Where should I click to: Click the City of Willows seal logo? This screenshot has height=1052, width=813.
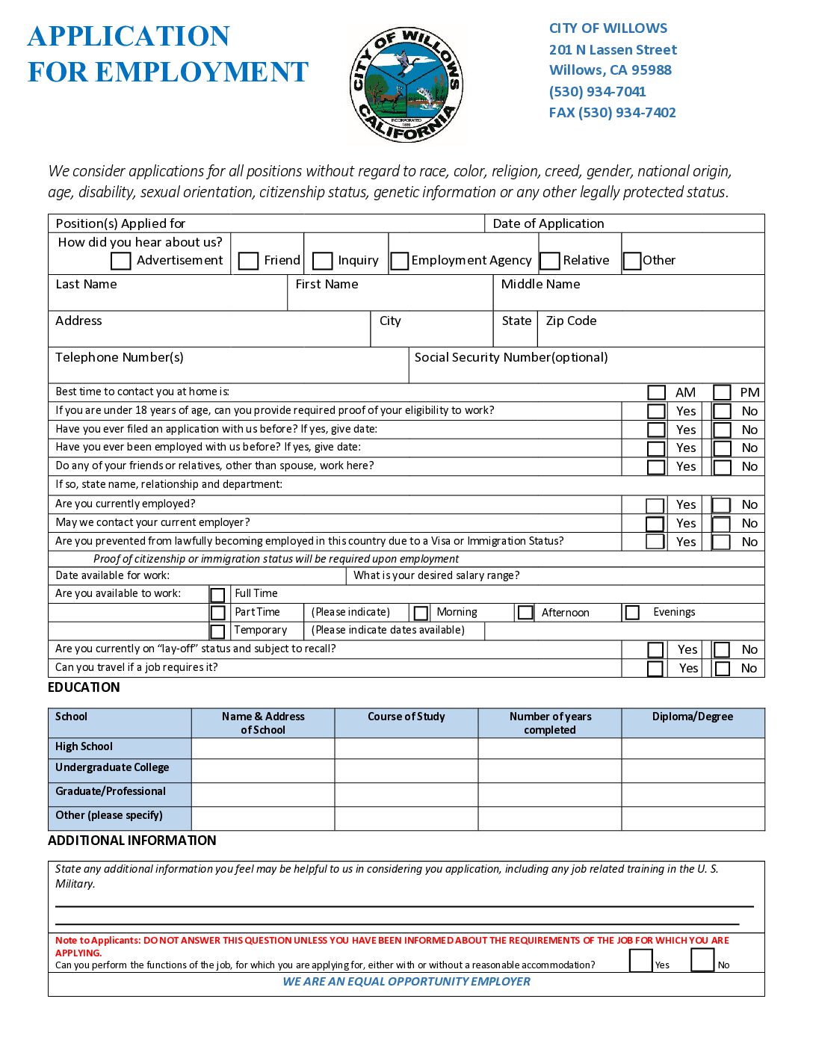(x=406, y=84)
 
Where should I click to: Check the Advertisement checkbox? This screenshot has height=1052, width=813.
(x=120, y=261)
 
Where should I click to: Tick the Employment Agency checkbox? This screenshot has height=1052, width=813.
(x=400, y=261)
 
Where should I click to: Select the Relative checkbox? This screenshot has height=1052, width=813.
(x=550, y=261)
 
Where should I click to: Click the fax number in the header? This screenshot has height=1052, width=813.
(x=612, y=113)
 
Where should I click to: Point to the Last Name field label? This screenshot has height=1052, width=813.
(x=86, y=285)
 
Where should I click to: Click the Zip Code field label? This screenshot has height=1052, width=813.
(x=571, y=321)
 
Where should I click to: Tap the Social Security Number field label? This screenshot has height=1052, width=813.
(x=511, y=358)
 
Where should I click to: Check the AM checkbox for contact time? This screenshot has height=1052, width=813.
(x=656, y=393)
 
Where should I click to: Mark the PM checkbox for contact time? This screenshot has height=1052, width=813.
(x=722, y=393)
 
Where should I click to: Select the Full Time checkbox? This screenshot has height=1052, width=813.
(x=217, y=595)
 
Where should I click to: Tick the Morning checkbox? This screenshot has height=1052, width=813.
(x=421, y=613)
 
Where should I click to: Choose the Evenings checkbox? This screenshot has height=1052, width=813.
(x=632, y=613)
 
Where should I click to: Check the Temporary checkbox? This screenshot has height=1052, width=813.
(x=217, y=631)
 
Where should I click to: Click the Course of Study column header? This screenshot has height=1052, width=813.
(x=406, y=717)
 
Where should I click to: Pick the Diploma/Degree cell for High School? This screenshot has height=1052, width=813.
(x=693, y=748)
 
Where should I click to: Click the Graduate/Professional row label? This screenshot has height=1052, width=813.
(x=111, y=792)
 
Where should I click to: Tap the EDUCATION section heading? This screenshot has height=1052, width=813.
(x=84, y=688)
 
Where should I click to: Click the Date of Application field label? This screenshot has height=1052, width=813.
(x=548, y=224)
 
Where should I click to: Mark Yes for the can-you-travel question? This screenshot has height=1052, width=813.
(x=655, y=669)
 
